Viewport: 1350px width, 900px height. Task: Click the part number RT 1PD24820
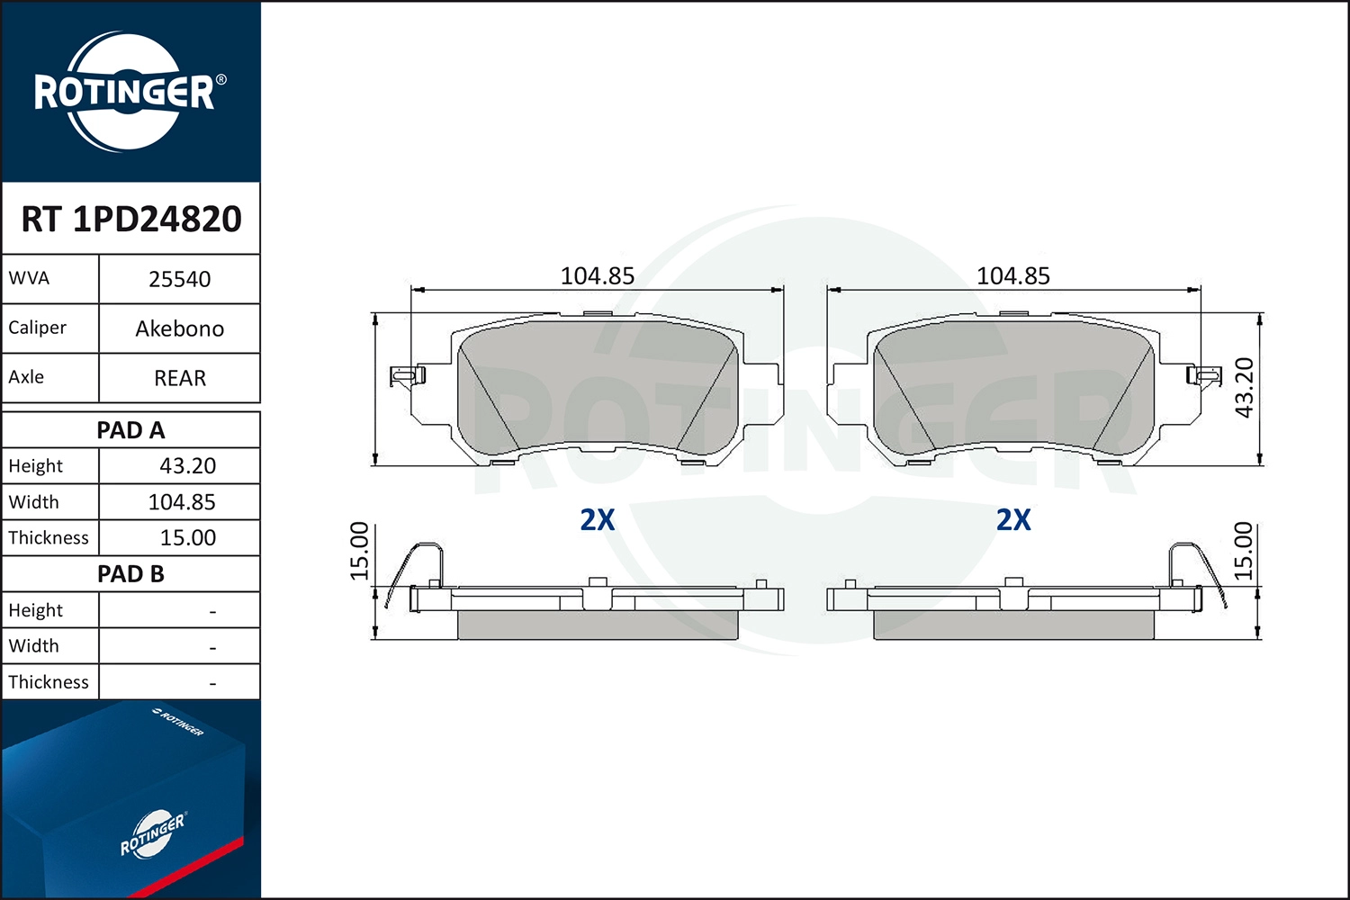[131, 219]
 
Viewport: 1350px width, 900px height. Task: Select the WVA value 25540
[180, 279]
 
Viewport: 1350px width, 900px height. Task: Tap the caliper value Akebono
[180, 328]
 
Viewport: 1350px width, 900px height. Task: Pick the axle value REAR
[180, 378]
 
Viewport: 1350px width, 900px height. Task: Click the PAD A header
[130, 430]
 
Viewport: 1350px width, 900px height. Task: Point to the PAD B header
[130, 574]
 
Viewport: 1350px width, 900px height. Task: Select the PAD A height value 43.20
[187, 466]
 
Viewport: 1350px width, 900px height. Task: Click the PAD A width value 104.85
[182, 502]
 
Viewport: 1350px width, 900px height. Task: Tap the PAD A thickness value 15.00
[187, 537]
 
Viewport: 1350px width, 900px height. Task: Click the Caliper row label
[38, 328]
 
